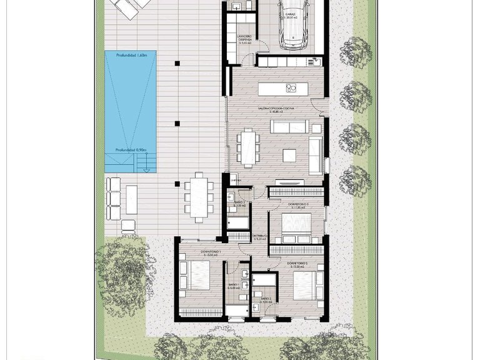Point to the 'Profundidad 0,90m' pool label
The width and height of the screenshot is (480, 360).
[x=130, y=150]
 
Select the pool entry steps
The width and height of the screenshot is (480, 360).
[x=147, y=164]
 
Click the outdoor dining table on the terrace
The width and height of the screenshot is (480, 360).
[x=199, y=196]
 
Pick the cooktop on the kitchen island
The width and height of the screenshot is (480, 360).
[x=291, y=88]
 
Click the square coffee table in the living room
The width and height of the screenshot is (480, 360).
[x=289, y=154]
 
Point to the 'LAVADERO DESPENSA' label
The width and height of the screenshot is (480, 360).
[x=244, y=39]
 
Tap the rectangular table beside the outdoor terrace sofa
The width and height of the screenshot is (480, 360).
[x=132, y=199]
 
